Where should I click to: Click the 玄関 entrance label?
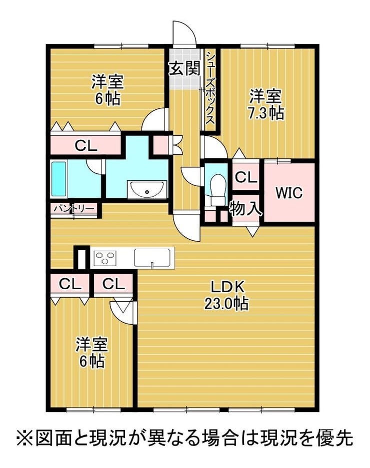click(184, 68)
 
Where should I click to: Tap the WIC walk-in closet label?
click(289, 193)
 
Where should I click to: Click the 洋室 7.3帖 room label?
click(265, 104)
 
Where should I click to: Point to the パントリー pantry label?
click(74, 208)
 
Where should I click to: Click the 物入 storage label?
click(245, 208)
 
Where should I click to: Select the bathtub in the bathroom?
click(58, 179)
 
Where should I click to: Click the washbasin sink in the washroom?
click(147, 189)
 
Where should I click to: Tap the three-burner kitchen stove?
click(104, 257)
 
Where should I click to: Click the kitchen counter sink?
click(152, 257)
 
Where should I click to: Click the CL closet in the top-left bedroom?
click(86, 146)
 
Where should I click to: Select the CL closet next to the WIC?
click(245, 177)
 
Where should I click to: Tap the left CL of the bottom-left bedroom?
click(70, 284)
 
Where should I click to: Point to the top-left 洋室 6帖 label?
click(107, 90)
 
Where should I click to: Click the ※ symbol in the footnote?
click(25, 438)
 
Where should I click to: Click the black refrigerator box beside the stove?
click(81, 257)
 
